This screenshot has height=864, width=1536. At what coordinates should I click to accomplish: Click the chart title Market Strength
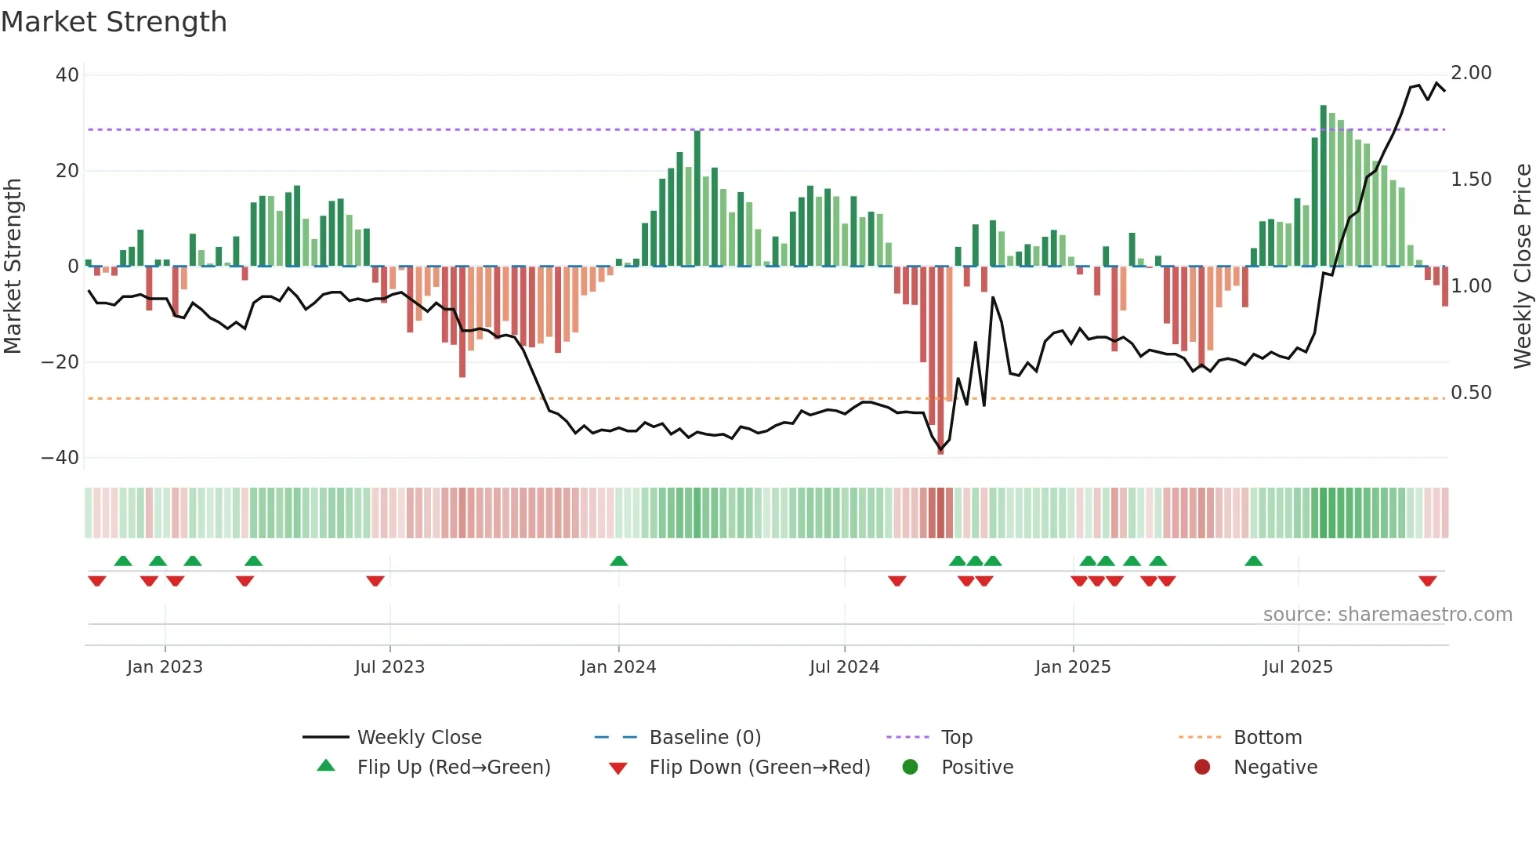coord(114,22)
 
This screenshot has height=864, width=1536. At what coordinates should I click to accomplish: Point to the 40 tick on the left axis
coord(67,75)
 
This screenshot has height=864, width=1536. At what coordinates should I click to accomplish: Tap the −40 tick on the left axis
coord(60,457)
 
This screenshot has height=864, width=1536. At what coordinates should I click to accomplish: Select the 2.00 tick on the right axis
coord(1471,73)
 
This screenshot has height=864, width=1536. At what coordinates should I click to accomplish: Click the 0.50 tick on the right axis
coord(1471,393)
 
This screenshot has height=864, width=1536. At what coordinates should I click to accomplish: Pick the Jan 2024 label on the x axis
coord(618,667)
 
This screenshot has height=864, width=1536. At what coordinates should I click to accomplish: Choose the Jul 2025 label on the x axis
coord(1298,667)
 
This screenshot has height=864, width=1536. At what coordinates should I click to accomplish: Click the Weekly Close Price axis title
coord(1522,266)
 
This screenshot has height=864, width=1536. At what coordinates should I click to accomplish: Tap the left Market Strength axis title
coord(13,266)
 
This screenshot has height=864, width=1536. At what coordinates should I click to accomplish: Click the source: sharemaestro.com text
coord(1387,615)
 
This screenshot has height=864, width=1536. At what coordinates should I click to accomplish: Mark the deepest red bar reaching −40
coord(940,361)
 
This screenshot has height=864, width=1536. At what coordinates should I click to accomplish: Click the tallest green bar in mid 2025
coord(1324,185)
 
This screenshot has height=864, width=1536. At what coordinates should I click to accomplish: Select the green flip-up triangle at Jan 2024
coord(618,561)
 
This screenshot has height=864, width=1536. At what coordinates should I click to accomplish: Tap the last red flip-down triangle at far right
coord(1427,581)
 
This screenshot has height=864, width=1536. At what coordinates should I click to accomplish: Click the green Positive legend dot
coord(910,767)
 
